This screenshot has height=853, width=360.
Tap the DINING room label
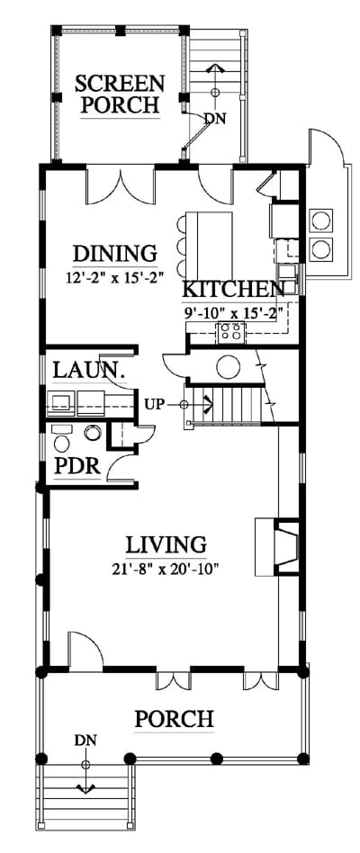click(x=115, y=254)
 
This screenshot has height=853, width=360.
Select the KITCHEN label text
click(x=233, y=288)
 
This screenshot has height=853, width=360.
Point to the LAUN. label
click(x=87, y=371)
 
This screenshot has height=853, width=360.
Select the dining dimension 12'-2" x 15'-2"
click(x=114, y=278)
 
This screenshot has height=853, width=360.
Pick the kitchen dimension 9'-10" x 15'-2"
click(x=233, y=312)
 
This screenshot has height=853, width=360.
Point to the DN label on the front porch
click(x=85, y=741)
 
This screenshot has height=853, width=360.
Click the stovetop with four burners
click(x=231, y=331)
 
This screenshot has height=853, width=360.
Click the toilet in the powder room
click(x=61, y=440)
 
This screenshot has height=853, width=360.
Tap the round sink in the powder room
click(x=94, y=433)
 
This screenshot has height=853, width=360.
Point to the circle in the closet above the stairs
click(x=228, y=367)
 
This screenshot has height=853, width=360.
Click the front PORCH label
click(x=174, y=719)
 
